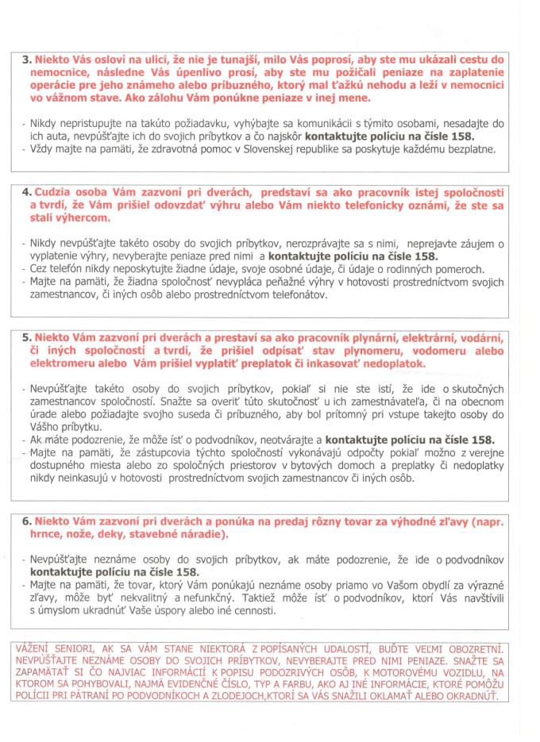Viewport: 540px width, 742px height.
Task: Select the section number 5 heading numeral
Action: point(25,336)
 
